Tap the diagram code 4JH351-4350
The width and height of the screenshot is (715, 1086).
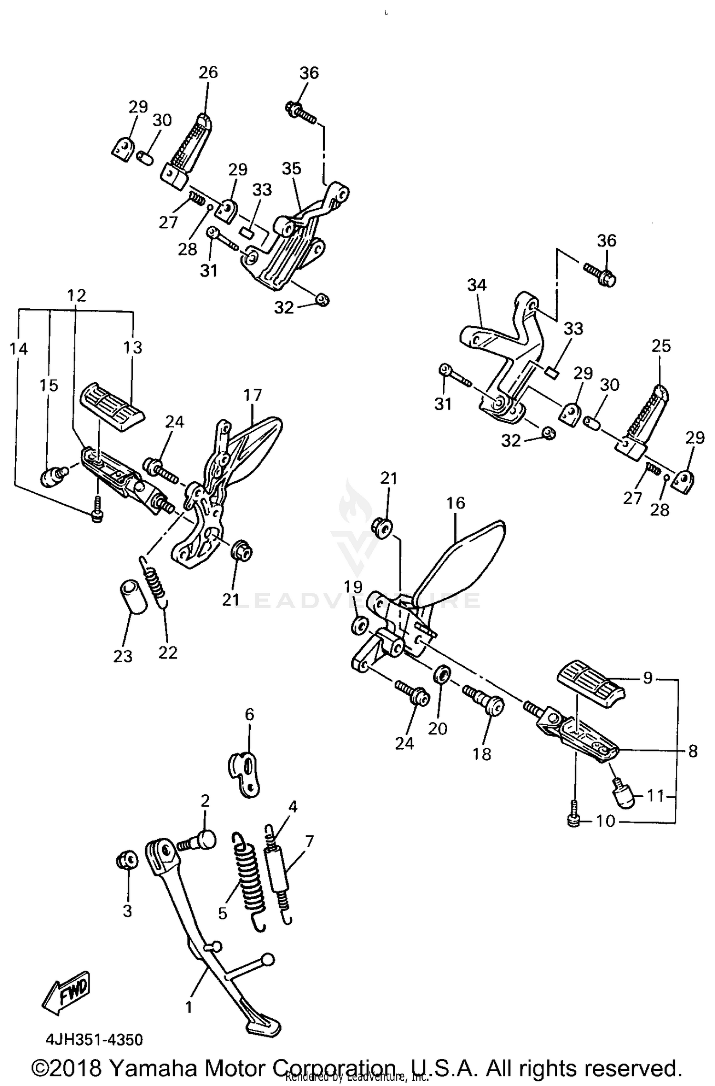(94, 1040)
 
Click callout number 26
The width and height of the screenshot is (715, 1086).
(208, 72)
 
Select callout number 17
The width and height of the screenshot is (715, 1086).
(253, 395)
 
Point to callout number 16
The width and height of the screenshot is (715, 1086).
(456, 503)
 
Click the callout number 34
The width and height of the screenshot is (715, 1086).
(477, 285)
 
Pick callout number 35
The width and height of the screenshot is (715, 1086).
(291, 168)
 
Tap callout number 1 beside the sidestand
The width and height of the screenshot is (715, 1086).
(189, 1007)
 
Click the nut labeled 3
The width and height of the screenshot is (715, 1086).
(127, 860)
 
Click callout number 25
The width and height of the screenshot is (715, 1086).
(661, 345)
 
